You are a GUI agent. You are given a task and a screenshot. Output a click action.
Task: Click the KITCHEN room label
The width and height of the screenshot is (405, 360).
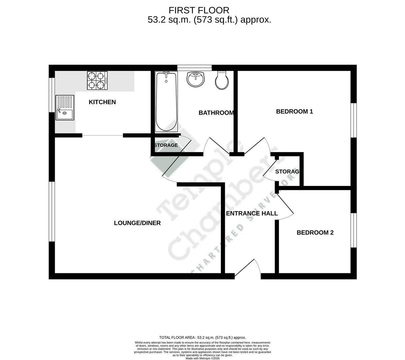102,102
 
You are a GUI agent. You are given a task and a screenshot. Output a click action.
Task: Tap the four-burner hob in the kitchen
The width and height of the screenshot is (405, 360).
97,81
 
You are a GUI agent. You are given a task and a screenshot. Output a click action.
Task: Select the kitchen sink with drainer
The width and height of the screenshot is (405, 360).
65,107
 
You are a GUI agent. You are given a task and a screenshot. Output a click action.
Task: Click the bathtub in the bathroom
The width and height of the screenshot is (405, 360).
166,102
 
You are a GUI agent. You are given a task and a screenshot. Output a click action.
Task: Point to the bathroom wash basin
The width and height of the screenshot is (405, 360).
195,79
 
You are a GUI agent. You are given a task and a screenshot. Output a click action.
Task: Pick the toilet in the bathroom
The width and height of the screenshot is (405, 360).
222,80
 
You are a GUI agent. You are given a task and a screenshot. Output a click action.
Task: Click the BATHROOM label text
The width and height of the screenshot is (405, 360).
216,113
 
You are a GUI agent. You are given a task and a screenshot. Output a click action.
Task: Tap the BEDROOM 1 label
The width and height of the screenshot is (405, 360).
294,111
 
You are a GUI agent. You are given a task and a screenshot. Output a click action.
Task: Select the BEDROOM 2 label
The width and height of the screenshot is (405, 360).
315,233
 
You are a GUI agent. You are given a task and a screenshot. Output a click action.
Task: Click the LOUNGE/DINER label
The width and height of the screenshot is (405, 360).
137,223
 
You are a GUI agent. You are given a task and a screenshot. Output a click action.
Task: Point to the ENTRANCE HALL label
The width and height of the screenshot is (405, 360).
252,213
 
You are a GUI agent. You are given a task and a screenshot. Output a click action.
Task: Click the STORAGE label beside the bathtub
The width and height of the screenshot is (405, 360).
166,145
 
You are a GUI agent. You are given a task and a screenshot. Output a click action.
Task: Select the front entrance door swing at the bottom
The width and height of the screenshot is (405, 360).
249,269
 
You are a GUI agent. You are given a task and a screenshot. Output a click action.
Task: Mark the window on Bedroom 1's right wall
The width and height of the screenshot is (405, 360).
353,120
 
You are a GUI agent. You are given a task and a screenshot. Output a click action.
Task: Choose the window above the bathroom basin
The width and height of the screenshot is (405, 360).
194,68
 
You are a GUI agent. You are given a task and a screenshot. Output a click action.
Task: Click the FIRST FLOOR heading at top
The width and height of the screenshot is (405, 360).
199,10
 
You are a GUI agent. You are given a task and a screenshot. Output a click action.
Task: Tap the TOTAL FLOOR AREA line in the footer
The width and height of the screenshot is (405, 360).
202,338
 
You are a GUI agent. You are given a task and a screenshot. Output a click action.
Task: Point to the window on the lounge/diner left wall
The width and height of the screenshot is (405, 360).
52,211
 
